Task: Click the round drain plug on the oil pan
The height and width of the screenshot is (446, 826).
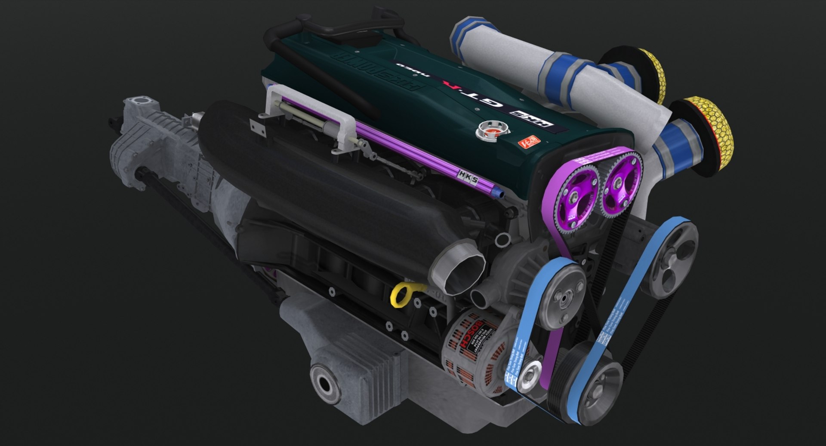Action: click(x=325, y=383)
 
